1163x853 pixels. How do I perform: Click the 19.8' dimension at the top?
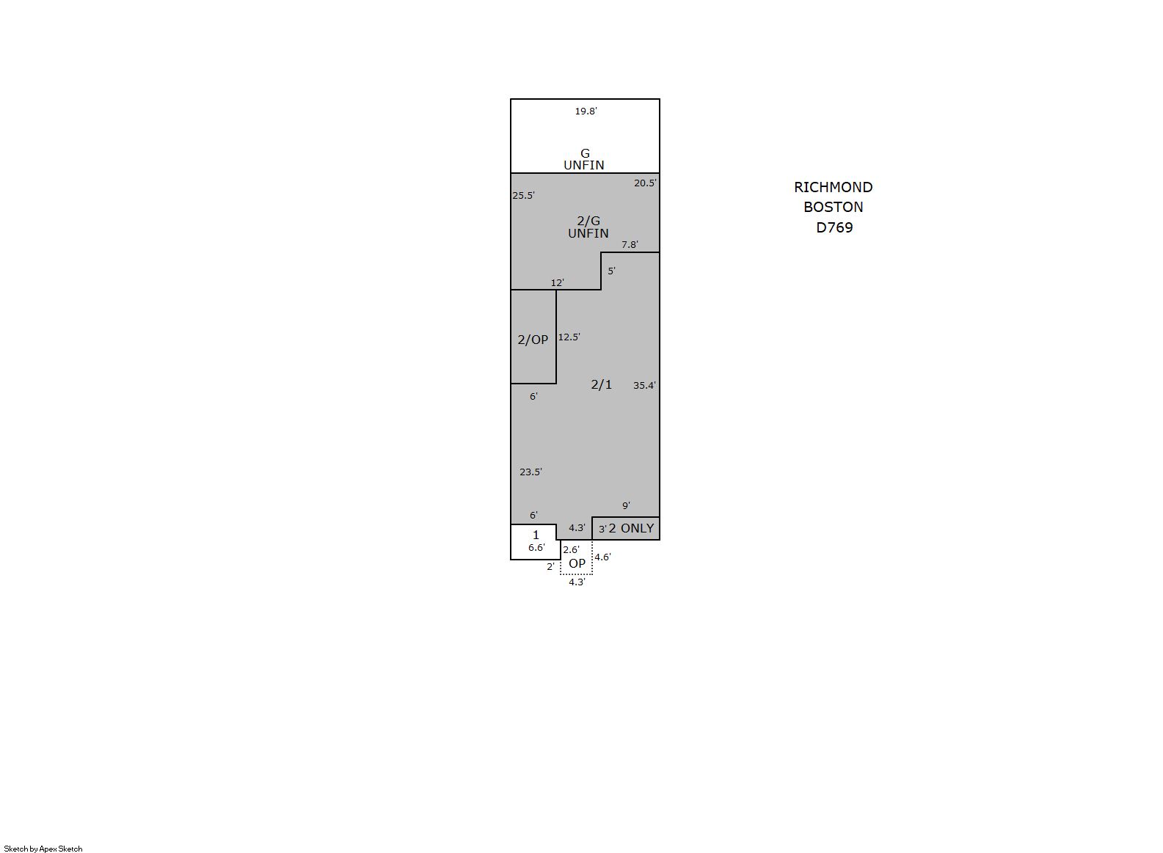[x=586, y=111]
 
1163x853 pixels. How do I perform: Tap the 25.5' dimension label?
[x=523, y=196]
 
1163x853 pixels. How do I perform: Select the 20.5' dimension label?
[x=645, y=183]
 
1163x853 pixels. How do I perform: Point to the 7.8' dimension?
[x=630, y=244]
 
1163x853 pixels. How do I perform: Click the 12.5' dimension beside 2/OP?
[x=569, y=337]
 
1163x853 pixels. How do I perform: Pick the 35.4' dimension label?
[x=644, y=385]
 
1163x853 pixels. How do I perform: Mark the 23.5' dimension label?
[x=531, y=472]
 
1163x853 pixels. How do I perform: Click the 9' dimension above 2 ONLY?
[x=626, y=505]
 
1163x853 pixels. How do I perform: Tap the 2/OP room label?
[x=533, y=340]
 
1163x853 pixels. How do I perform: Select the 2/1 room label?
[x=601, y=384]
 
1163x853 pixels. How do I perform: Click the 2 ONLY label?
[x=631, y=528]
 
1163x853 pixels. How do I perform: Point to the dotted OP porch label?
[x=577, y=563]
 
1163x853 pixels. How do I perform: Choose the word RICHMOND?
[x=834, y=187]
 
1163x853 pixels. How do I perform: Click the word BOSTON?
[x=834, y=207]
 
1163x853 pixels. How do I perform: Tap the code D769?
[x=834, y=227]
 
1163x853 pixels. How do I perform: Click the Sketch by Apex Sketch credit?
[x=43, y=849]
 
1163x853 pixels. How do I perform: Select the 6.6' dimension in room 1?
[x=536, y=547]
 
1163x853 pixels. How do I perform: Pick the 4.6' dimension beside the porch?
[x=602, y=557]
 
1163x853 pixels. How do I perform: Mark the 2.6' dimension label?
[x=571, y=549]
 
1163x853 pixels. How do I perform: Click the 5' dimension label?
[x=612, y=271]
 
